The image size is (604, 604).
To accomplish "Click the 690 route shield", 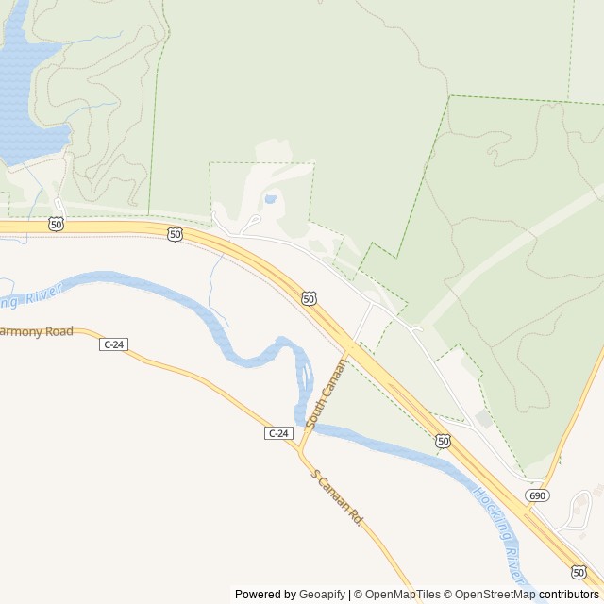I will tap(538, 495).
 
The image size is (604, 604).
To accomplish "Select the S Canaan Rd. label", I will tap(337, 499).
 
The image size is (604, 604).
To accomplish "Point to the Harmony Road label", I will tap(36, 332).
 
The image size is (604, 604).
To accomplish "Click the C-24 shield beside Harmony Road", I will tap(112, 344).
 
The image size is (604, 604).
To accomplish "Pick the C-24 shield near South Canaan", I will tap(278, 433).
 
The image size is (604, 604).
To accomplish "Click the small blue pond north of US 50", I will tap(271, 199).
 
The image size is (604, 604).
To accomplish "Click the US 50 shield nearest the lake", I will tap(57, 224).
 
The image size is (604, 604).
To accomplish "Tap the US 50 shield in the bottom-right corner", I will tap(579, 572).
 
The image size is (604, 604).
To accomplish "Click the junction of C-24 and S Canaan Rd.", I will tap(300, 454).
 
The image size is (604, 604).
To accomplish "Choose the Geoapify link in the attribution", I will tap(322, 595).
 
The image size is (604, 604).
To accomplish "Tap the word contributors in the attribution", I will tap(569, 595).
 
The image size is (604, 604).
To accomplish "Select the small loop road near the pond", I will tap(249, 225).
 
